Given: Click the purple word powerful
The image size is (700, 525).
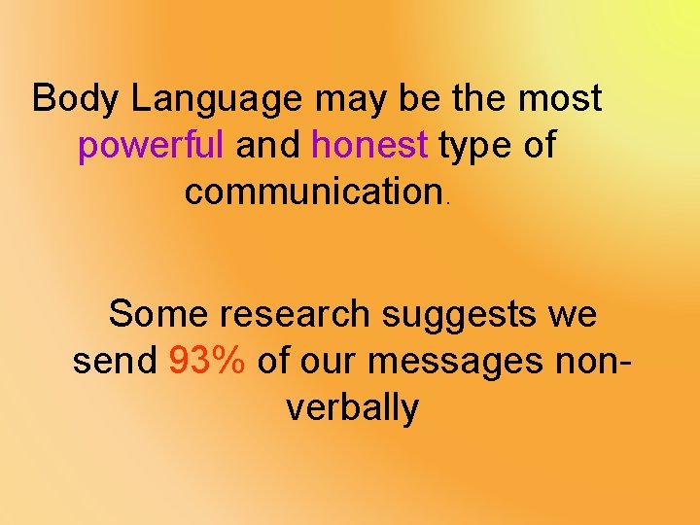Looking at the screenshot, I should click(151, 146).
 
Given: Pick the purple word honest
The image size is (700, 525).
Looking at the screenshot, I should click(369, 145).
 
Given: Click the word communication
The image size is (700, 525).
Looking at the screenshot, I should click(314, 192).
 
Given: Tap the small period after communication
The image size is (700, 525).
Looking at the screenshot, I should click(447, 203).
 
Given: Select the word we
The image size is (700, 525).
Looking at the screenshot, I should click(573, 315).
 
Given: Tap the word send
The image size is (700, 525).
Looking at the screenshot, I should click(115, 361).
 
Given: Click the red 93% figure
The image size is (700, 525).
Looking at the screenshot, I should click(207, 361).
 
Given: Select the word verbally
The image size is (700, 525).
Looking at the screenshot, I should click(352, 408).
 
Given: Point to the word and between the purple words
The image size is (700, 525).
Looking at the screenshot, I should click(268, 145).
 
